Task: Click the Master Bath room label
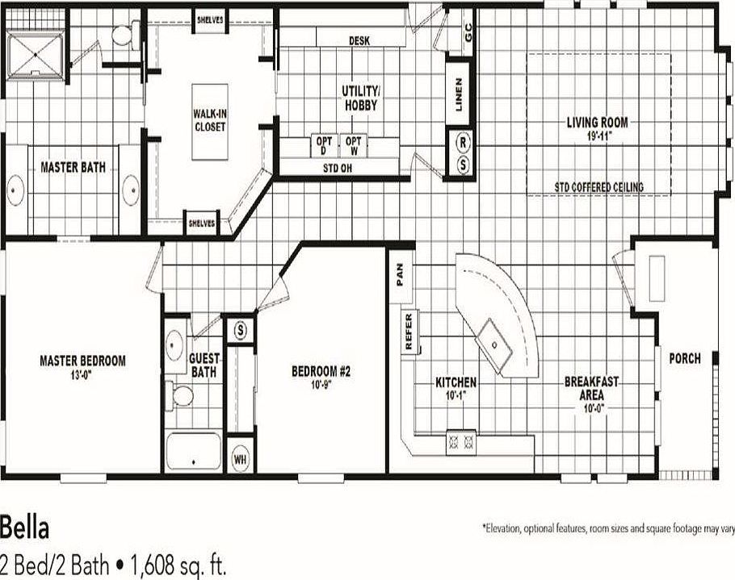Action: coord(73,167)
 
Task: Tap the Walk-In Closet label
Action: coord(209,121)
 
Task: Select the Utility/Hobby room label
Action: coord(359,98)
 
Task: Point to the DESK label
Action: coord(359,40)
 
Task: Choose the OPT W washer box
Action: coord(353,145)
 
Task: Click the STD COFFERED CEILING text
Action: coord(598,187)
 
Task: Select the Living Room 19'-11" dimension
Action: coord(597,136)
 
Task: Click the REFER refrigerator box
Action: coord(408,332)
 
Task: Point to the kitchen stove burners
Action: coord(460,442)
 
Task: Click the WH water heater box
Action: coord(240,458)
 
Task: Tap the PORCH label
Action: coord(685,358)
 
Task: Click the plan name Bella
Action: coord(25,528)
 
